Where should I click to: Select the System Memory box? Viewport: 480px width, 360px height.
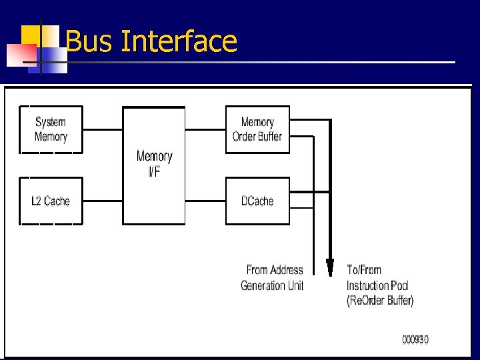[51, 129]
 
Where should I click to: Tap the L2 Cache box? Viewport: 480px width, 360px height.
[51, 201]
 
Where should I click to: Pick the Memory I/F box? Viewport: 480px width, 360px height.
[154, 164]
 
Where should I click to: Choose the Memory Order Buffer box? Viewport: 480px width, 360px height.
[257, 129]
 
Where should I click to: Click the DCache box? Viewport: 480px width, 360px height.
[257, 201]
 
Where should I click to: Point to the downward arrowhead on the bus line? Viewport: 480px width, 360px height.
[329, 267]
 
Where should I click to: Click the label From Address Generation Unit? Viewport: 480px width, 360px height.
[272, 278]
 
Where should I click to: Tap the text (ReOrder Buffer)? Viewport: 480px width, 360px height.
[380, 301]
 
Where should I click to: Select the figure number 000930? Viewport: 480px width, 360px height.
[415, 339]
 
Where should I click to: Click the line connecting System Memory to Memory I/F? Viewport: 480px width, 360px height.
[103, 129]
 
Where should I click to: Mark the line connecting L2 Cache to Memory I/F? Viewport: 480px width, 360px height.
[103, 200]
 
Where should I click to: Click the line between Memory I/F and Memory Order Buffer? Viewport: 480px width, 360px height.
[205, 129]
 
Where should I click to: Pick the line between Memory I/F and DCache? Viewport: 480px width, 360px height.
[205, 200]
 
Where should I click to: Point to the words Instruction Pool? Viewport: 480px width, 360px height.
[377, 285]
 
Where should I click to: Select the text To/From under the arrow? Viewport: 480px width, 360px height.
[364, 270]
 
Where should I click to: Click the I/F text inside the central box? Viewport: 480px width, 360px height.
[154, 173]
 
